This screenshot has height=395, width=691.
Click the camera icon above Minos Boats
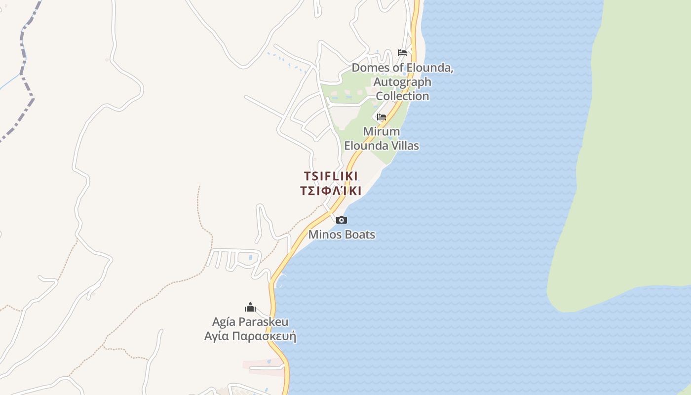pos(341,220)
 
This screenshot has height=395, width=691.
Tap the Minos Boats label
pos(342,235)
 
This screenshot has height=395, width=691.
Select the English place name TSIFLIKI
pos(331,176)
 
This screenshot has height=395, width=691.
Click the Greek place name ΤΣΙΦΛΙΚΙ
pos(331,191)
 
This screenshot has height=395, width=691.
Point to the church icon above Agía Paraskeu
pos(250,307)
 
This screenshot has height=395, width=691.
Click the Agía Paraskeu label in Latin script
pos(250,322)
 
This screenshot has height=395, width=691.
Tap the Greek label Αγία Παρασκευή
pos(250,337)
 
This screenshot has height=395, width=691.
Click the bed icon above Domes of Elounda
pos(402,53)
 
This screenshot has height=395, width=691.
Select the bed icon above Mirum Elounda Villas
pos(382,117)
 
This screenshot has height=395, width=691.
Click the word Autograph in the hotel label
pos(402,82)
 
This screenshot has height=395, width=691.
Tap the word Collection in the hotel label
pos(402,96)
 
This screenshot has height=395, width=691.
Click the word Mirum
pos(382,132)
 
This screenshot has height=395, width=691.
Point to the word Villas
pos(403,146)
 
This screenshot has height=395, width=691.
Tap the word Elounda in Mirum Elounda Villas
pos(364,146)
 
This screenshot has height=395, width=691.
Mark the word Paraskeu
pos(265,322)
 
